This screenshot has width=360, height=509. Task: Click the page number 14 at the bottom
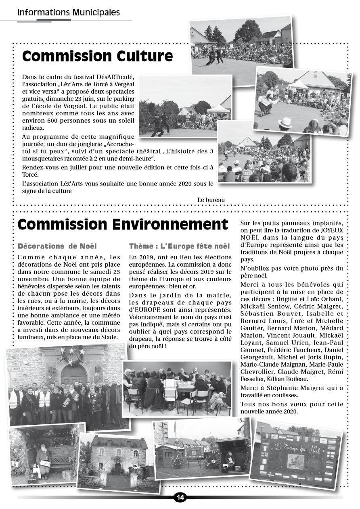(x=180, y=497)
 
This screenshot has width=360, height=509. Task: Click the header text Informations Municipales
(x=68, y=13)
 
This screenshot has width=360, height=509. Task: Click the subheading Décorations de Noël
(x=57, y=246)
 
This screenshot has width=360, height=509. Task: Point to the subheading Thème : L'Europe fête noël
(x=179, y=246)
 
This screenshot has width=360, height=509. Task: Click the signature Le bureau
(x=211, y=200)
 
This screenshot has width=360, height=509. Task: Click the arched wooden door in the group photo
(x=73, y=374)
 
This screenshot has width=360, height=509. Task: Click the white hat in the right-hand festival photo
(x=285, y=123)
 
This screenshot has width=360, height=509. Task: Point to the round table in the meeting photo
(x=186, y=385)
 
